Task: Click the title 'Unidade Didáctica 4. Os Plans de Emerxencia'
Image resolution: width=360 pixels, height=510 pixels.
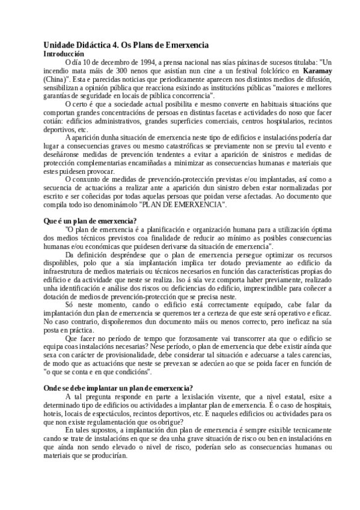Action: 126,45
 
